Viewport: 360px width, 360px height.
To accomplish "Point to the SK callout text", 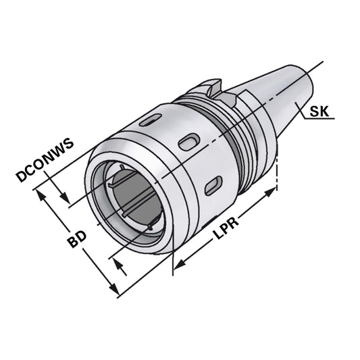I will tap(321, 112).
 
